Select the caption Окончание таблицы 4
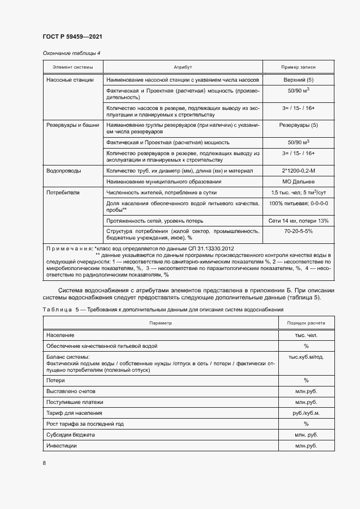(71, 53)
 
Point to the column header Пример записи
(298, 67)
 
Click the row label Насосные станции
(70, 80)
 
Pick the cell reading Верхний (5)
(298, 80)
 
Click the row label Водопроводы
(64, 171)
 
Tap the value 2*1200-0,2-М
(298, 171)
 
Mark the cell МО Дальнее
(298, 181)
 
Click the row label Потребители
(63, 193)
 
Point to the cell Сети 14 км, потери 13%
(298, 220)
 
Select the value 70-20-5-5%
(298, 231)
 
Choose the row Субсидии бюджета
(71, 435)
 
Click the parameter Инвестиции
(62, 446)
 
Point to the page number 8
(44, 463)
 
